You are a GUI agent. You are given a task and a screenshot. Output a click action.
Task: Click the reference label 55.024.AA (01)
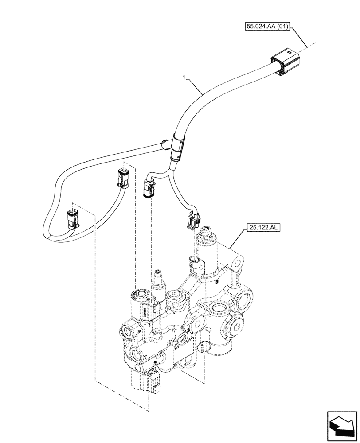click(x=267, y=27)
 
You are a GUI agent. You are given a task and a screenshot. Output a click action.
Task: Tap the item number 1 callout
click(x=184, y=78)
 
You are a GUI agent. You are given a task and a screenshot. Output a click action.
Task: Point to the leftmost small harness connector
click(x=72, y=219)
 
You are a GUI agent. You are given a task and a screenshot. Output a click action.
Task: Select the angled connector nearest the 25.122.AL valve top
click(x=193, y=220)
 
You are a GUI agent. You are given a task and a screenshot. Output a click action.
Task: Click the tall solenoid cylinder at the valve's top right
click(x=208, y=242)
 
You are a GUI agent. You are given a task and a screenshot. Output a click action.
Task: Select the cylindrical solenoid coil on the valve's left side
click(x=143, y=306)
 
